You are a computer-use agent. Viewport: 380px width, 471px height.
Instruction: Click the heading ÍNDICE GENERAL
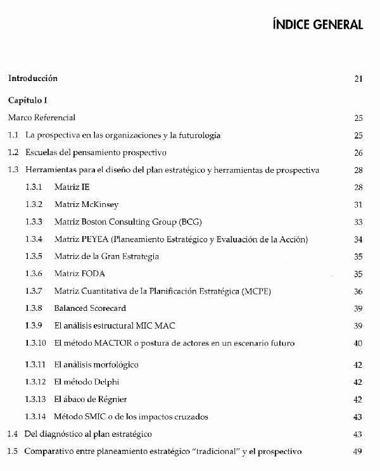tap(317, 25)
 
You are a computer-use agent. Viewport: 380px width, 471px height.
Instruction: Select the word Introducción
tap(33, 78)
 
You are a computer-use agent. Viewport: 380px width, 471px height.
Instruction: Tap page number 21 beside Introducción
tap(358, 79)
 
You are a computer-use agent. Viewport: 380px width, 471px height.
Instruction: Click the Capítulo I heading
tap(28, 100)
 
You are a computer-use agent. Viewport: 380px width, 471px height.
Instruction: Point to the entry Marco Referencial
tap(42, 118)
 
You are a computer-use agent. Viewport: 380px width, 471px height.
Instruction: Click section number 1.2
tap(13, 153)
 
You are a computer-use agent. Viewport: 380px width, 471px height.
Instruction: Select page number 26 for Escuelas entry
tap(358, 153)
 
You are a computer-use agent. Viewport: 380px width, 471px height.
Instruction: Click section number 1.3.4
tap(34, 239)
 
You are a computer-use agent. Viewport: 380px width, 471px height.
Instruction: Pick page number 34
tap(358, 239)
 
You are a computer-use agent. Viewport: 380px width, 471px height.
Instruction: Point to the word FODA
tap(93, 274)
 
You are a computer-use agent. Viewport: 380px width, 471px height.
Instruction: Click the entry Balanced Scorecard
tap(90, 308)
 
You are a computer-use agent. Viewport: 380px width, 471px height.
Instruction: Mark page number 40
tap(358, 343)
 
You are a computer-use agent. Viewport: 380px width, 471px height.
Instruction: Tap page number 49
tap(358, 451)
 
